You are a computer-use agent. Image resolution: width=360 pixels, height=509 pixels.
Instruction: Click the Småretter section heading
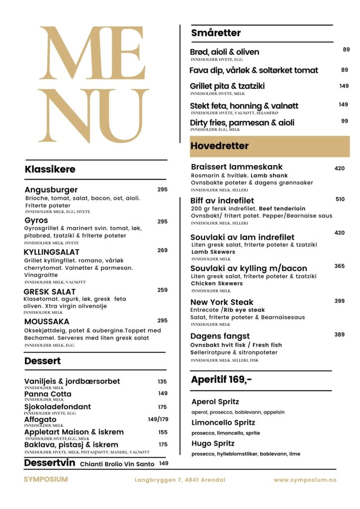click(x=216, y=33)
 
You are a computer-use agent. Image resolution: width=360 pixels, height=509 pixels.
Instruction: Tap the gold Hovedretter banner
click(x=270, y=146)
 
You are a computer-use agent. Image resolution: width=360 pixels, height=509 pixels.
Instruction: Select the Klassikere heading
click(x=50, y=170)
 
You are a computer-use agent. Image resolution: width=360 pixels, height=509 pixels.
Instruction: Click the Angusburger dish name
click(x=51, y=190)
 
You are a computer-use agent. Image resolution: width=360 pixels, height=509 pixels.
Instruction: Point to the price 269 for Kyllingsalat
click(x=163, y=251)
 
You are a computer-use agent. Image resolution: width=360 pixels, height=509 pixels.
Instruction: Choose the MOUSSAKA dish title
click(x=46, y=322)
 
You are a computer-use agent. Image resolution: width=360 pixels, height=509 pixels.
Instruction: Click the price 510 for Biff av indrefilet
click(x=340, y=199)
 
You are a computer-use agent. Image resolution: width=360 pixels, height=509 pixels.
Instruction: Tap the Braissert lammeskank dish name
click(x=237, y=168)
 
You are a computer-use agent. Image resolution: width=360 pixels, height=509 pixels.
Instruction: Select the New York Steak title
click(x=222, y=302)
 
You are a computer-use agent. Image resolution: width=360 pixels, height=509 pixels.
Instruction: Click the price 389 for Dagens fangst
click(x=340, y=335)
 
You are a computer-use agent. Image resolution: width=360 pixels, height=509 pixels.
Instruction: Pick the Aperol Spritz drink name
click(x=215, y=402)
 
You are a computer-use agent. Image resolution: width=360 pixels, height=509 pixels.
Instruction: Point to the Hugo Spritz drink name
click(x=213, y=443)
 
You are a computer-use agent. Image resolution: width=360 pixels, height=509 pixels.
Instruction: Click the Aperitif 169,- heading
click(x=221, y=380)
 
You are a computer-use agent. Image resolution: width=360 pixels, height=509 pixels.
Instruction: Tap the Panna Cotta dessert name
click(x=48, y=394)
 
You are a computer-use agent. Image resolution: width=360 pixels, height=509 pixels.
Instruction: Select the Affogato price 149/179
click(x=158, y=419)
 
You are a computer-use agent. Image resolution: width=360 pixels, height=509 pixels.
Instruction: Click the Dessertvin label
click(x=50, y=463)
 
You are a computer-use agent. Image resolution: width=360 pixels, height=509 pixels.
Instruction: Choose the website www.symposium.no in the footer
click(x=305, y=480)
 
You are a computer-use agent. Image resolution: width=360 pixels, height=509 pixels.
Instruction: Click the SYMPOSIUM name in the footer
click(x=46, y=480)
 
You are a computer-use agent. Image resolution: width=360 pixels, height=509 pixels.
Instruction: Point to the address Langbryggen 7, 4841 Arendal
click(x=180, y=480)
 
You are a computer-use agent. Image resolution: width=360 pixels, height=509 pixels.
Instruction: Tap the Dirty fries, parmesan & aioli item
click(x=242, y=122)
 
